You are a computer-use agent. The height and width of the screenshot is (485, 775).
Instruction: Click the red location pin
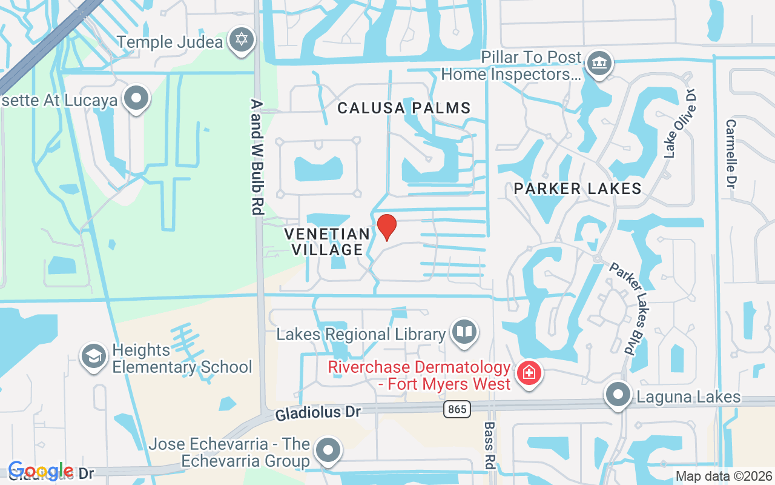(387, 227)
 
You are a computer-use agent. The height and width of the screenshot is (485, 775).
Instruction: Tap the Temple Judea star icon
(242, 40)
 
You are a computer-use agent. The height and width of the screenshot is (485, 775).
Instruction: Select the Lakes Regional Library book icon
(464, 332)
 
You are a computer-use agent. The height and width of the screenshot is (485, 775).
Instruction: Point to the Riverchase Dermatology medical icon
(529, 373)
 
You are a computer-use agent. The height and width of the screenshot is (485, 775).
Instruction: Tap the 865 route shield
(457, 409)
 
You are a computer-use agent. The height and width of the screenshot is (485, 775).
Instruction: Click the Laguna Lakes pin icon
(618, 395)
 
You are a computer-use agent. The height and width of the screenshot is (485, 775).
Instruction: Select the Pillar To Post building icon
(599, 64)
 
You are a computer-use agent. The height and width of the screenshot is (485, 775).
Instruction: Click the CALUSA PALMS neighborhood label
(404, 109)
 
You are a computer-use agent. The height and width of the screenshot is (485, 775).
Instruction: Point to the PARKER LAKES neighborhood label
(577, 189)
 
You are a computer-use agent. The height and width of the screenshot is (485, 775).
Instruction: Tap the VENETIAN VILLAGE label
(327, 241)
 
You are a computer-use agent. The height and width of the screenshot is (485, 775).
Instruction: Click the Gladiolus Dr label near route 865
(318, 413)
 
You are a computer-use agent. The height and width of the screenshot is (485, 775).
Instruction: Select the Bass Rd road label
(489, 445)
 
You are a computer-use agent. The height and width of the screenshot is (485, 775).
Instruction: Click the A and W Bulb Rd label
(257, 156)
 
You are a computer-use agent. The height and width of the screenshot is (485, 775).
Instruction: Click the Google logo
(41, 471)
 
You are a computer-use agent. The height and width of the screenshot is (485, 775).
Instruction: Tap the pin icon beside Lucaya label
(136, 99)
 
